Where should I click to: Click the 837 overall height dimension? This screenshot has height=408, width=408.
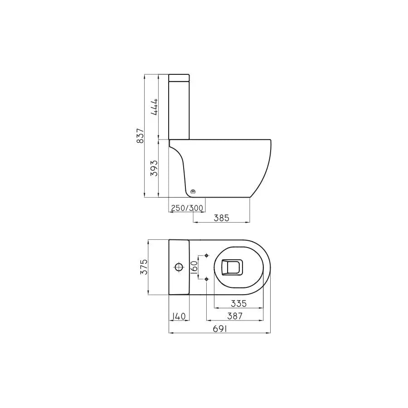point(140,136)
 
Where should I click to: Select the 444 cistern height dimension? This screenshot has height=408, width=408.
point(154,107)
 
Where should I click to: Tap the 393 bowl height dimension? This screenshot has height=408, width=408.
point(154,168)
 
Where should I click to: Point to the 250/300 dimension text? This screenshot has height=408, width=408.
point(187,208)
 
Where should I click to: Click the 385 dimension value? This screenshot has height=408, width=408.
point(221,218)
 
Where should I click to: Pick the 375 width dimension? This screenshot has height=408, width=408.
point(144,267)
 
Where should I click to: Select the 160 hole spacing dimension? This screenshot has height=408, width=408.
point(194,267)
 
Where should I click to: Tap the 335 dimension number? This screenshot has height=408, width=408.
point(238,303)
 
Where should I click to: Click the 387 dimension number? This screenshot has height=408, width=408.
point(235,316)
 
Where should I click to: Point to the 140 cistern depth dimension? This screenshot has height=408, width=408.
point(179,316)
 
